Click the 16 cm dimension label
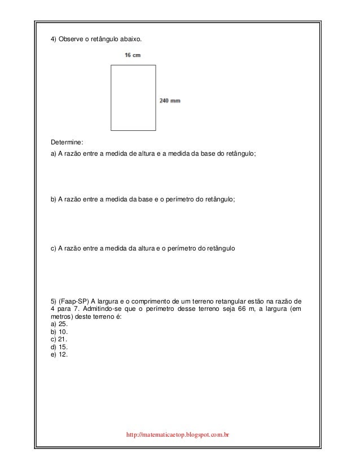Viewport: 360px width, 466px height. coord(133,55)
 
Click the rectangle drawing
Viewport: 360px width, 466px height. coord(133,98)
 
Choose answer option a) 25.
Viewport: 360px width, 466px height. coord(59,324)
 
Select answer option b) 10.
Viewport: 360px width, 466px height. coord(59,332)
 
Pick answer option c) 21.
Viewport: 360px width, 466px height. coord(59,340)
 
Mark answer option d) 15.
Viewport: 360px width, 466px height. coord(59,348)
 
